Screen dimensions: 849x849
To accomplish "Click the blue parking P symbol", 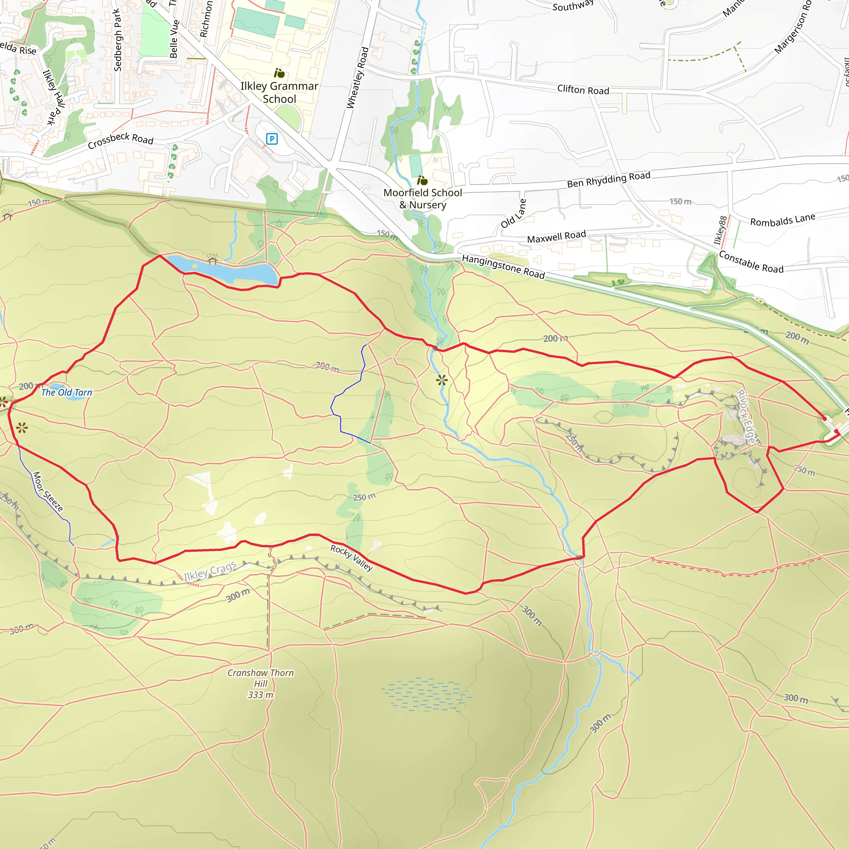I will pyautogui.click(x=272, y=139).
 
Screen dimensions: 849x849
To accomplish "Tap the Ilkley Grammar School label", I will pyautogui.click(x=279, y=92).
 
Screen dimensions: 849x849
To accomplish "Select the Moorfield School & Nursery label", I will pyautogui.click(x=422, y=199).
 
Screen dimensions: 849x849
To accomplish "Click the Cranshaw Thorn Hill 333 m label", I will pyautogui.click(x=261, y=683).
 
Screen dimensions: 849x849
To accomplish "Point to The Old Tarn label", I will pyautogui.click(x=67, y=393).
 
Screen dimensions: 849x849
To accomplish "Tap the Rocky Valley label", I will pyautogui.click(x=352, y=558).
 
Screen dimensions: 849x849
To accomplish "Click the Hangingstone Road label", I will pyautogui.click(x=503, y=267).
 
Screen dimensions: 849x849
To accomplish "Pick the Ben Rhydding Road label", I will pyautogui.click(x=608, y=180).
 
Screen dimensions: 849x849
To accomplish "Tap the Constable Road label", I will pyautogui.click(x=751, y=262).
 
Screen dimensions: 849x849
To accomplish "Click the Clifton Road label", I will pyautogui.click(x=583, y=90).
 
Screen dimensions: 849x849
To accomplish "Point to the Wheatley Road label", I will pyautogui.click(x=357, y=78).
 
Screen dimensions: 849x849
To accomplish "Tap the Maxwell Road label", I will pyautogui.click(x=556, y=237).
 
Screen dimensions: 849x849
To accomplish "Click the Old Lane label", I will pyautogui.click(x=513, y=213).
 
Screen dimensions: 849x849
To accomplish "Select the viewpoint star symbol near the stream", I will pyautogui.click(x=441, y=380).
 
